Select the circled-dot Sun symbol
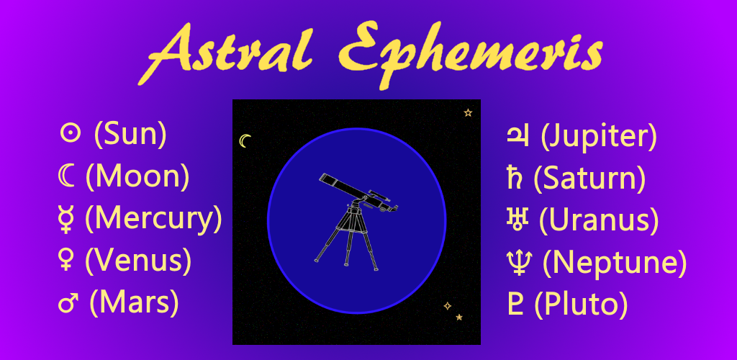(x=70, y=134)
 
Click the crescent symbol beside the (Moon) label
(x=66, y=176)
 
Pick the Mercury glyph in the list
(x=66, y=220)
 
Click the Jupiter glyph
(x=517, y=135)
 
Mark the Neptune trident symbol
(x=520, y=262)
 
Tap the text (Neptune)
(x=613, y=263)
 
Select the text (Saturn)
(x=589, y=178)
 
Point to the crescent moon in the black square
(x=244, y=140)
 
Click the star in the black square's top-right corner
(x=468, y=112)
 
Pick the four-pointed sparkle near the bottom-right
(x=448, y=306)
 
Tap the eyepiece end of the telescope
(x=394, y=208)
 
